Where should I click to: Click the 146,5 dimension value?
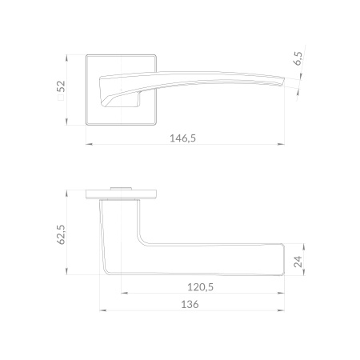tap(183, 138)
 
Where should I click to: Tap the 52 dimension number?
tap(61, 86)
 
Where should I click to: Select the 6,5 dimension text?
tap(298, 58)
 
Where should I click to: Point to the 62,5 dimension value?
tap(61, 234)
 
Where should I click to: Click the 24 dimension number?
tap(298, 262)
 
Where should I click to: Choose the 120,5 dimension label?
tap(201, 287)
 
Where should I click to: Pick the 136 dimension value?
tap(190, 304)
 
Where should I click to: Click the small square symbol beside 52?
tap(61, 98)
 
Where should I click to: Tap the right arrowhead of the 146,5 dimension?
tap(281, 144)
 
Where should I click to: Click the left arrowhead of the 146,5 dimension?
tap(90, 144)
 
